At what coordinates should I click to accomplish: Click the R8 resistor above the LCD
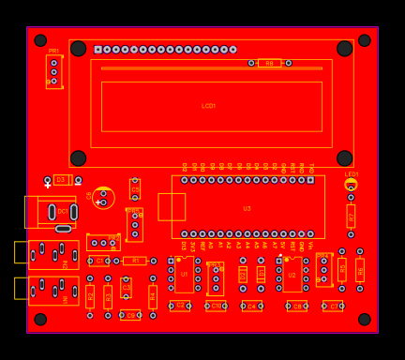pos(269,63)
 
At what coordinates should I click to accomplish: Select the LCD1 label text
pos(209,106)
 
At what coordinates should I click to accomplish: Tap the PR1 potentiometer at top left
pos(53,71)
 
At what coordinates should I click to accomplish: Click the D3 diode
pos(61,179)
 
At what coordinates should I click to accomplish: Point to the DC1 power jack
pos(53,212)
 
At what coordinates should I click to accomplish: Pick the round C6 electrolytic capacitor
pos(104,199)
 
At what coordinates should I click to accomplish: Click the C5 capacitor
pos(135,189)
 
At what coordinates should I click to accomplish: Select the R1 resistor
pos(135,261)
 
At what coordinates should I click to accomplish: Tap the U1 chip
pos(185,274)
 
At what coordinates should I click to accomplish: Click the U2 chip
pos(292,275)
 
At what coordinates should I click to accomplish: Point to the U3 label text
pos(247,208)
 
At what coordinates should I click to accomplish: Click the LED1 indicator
pos(351,186)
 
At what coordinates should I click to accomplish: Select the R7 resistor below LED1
pos(351,216)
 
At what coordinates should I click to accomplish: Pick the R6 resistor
pos(360,270)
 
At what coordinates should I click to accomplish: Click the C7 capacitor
pos(333,307)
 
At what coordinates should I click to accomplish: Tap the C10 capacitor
pos(216,306)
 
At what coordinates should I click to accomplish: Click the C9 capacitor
pos(130,315)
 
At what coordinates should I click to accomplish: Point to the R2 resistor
pos(90,296)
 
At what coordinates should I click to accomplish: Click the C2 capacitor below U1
pos(180,306)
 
